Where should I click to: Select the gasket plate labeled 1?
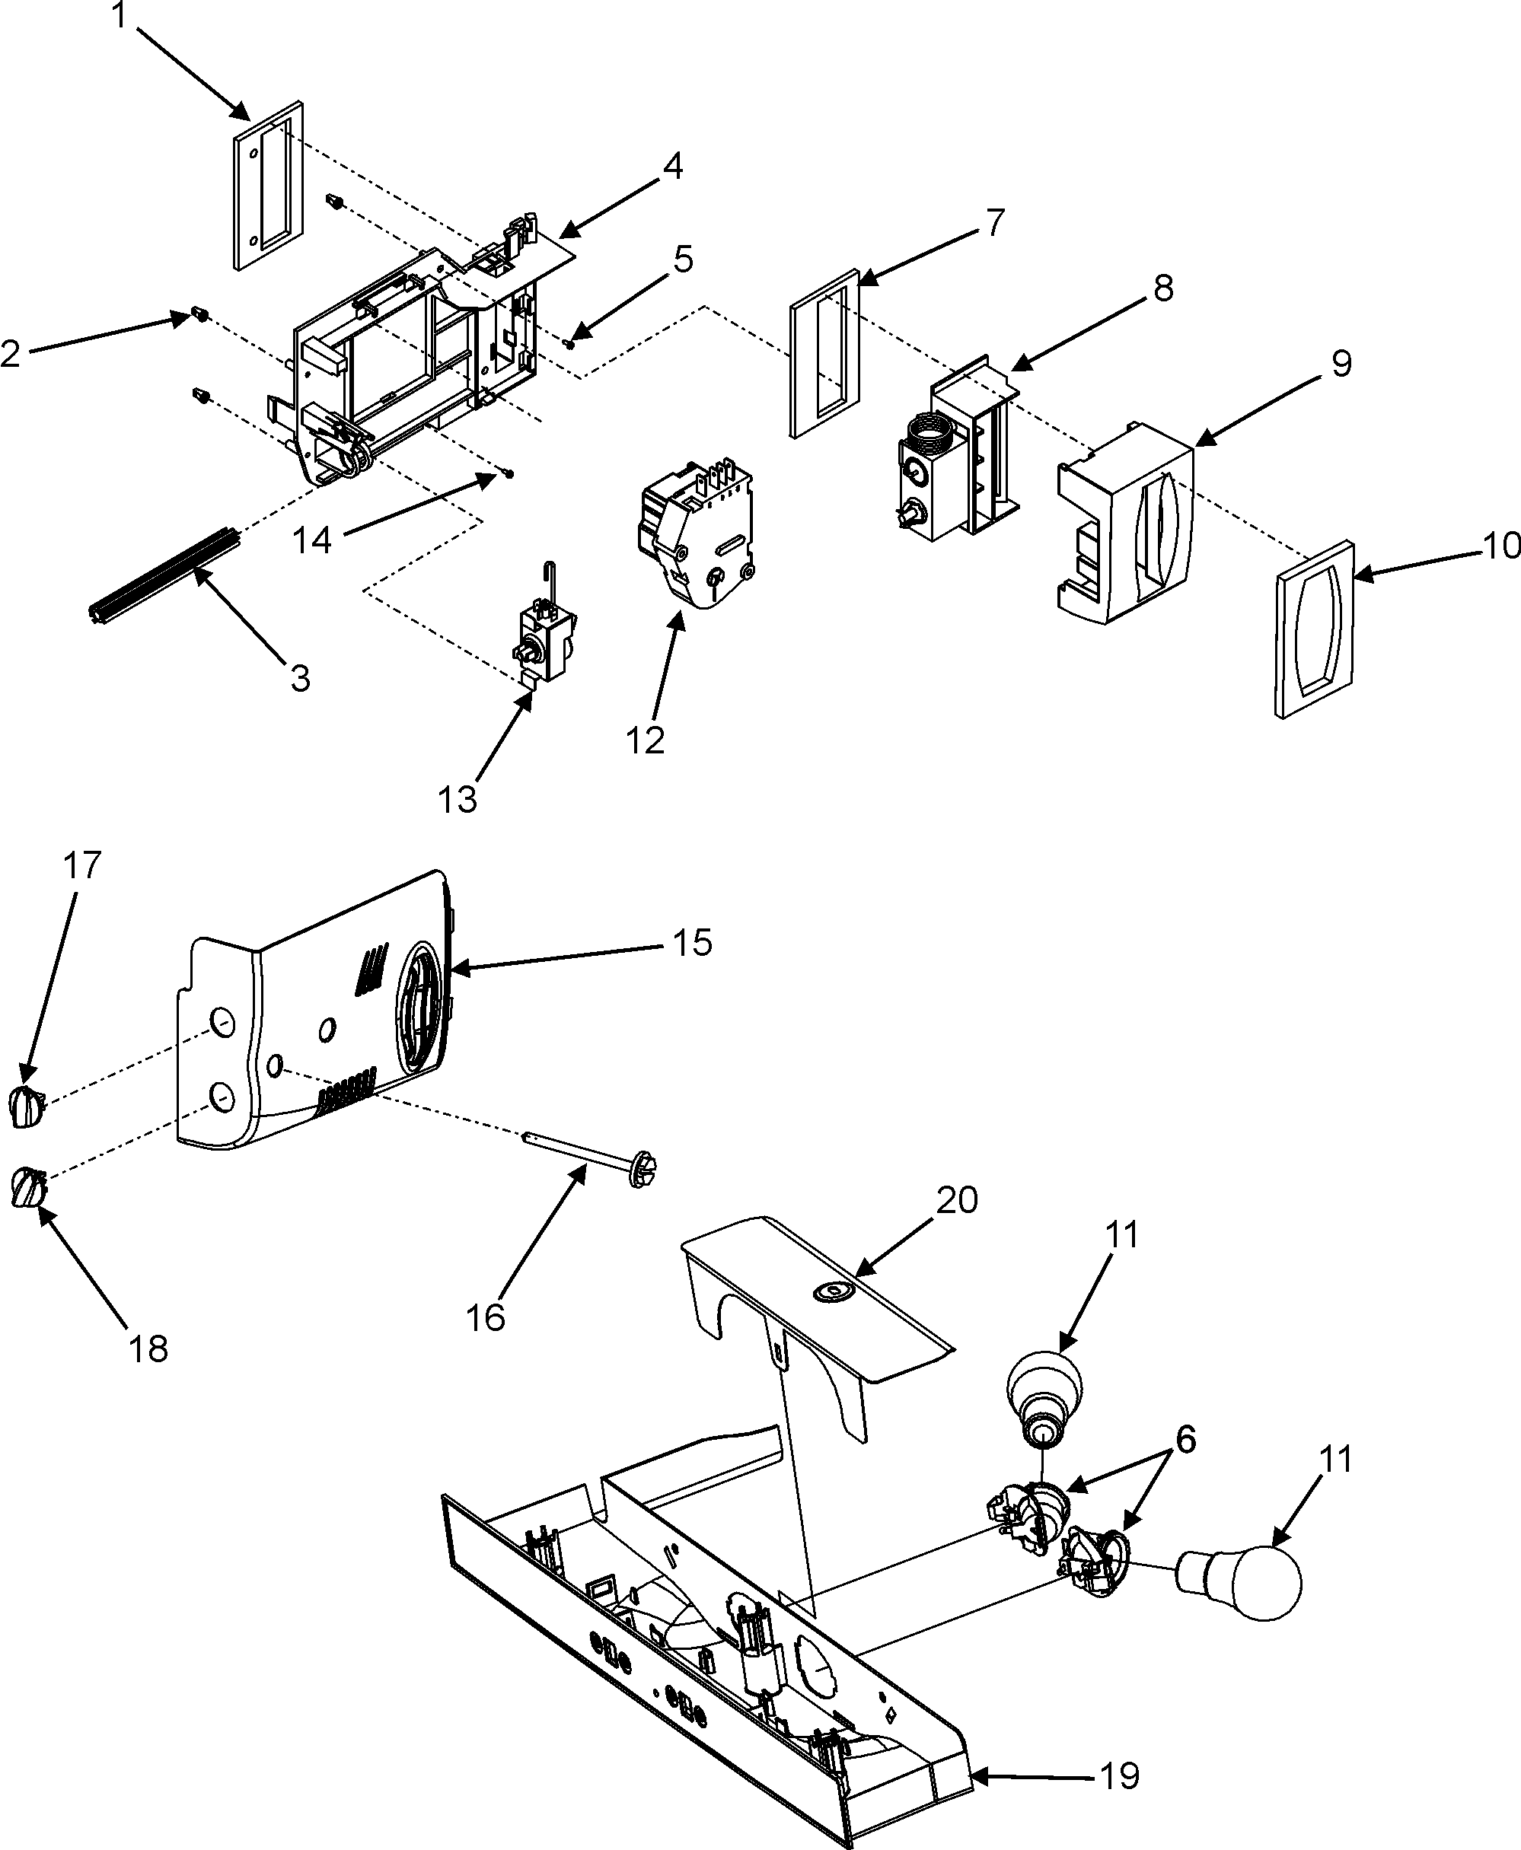pos(269,185)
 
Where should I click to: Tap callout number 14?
pos(312,540)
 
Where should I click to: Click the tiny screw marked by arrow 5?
pos(570,344)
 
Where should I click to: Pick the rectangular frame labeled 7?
pos(824,353)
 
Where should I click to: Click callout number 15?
pos(692,944)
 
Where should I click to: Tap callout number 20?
pos(957,1200)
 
